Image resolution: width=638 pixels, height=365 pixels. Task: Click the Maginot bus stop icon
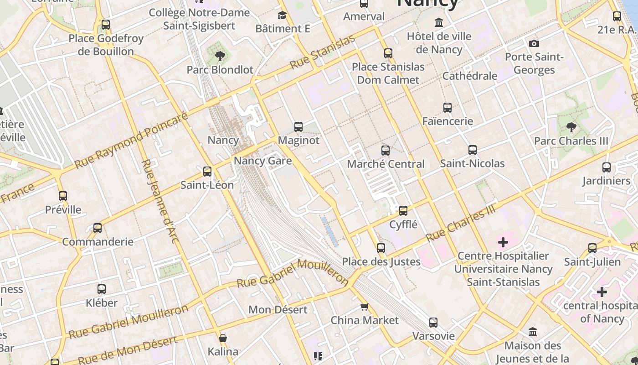tap(298, 126)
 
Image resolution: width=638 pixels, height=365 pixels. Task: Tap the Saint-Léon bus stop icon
tap(207, 172)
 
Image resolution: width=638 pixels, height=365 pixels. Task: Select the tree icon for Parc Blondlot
tap(220, 56)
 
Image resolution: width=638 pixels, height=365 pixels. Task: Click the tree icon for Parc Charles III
tap(571, 127)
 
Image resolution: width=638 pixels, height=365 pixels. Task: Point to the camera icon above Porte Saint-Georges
tap(534, 44)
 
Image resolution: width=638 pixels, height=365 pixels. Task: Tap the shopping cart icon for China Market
tap(364, 307)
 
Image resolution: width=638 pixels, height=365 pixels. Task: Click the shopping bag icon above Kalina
tap(223, 338)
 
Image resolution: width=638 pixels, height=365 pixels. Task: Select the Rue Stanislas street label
tap(322, 52)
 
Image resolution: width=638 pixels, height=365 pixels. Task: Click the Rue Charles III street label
tap(460, 223)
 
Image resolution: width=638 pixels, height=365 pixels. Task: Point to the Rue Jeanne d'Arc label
tap(159, 201)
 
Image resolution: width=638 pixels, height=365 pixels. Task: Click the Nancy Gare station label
tap(263, 161)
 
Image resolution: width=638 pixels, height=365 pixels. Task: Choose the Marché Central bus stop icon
tap(386, 150)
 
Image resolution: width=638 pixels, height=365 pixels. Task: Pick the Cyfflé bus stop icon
tap(403, 211)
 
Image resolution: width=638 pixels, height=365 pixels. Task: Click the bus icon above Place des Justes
tap(381, 248)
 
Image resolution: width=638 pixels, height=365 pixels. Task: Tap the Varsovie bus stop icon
tap(433, 323)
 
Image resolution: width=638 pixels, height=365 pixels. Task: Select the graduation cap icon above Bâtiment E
tap(283, 16)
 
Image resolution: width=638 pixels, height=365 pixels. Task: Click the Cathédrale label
tap(469, 76)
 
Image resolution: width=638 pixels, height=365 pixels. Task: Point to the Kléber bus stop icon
tap(102, 289)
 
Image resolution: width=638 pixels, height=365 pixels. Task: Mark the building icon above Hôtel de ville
tap(439, 22)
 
